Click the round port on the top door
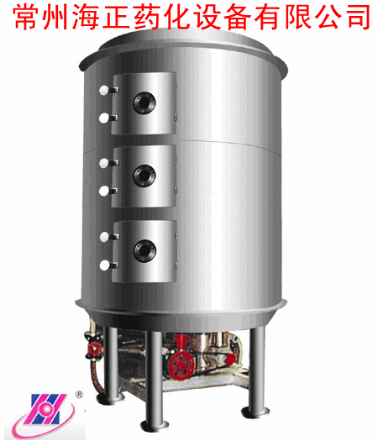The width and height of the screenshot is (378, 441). tap(144, 103)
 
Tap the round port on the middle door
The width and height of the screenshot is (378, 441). tap(144, 176)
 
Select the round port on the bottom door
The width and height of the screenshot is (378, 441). tap(144, 250)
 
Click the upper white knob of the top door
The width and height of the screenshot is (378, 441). tap(103, 90)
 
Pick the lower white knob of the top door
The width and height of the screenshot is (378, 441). tap(104, 118)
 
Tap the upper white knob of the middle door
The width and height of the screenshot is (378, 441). tap(104, 163)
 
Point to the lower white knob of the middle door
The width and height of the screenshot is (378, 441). tap(104, 192)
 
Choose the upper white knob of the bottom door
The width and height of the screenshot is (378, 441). tap(104, 237)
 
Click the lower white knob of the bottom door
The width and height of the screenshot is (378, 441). tap(104, 265)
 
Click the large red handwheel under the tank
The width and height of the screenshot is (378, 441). tap(181, 365)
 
